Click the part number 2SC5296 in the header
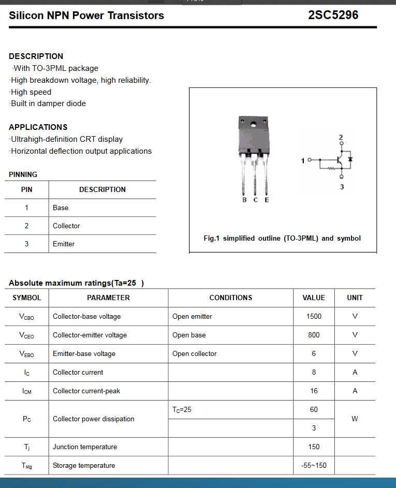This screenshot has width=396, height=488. point(333,15)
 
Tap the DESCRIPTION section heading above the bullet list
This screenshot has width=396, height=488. point(36,56)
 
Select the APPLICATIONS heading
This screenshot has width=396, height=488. point(38,127)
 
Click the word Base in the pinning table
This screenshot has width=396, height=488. point(61,208)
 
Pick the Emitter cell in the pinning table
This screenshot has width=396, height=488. point(64,244)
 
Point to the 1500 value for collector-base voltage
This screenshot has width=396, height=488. point(314,316)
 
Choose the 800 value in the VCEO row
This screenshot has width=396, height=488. point(314,335)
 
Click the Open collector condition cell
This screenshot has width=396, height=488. point(195,353)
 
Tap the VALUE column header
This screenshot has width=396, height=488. point(314,298)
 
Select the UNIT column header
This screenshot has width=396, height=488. point(355,298)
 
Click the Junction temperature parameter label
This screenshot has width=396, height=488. point(85,447)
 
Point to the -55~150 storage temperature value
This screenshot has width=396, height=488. point(314,465)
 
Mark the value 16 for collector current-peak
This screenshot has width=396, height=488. point(314,391)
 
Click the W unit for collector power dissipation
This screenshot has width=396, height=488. point(355,419)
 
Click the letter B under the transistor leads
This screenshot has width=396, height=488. point(244,200)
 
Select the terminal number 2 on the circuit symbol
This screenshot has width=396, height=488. point(341,137)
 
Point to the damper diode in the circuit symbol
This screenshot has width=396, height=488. point(350,159)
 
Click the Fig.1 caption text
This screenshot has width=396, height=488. point(282,238)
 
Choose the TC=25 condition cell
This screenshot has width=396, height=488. point(182,409)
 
